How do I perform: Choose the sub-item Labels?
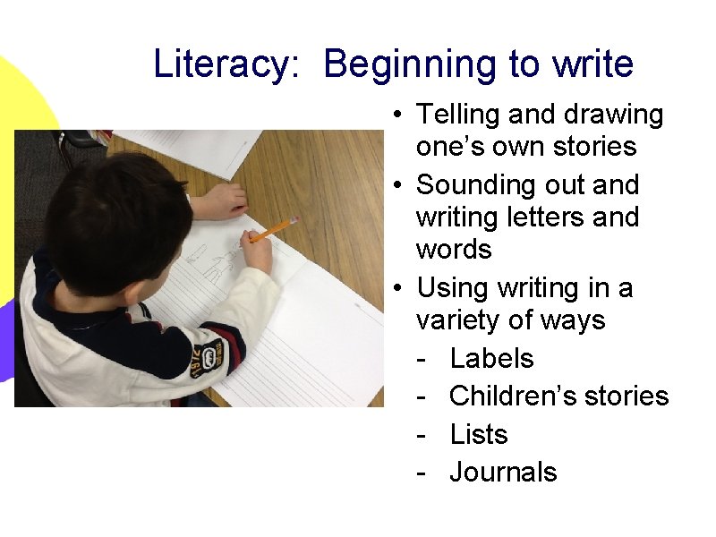pyautogui.click(x=491, y=358)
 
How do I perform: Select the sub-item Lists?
pyautogui.click(x=479, y=434)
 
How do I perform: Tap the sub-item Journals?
pyautogui.click(x=503, y=472)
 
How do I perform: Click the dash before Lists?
pyautogui.click(x=421, y=435)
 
